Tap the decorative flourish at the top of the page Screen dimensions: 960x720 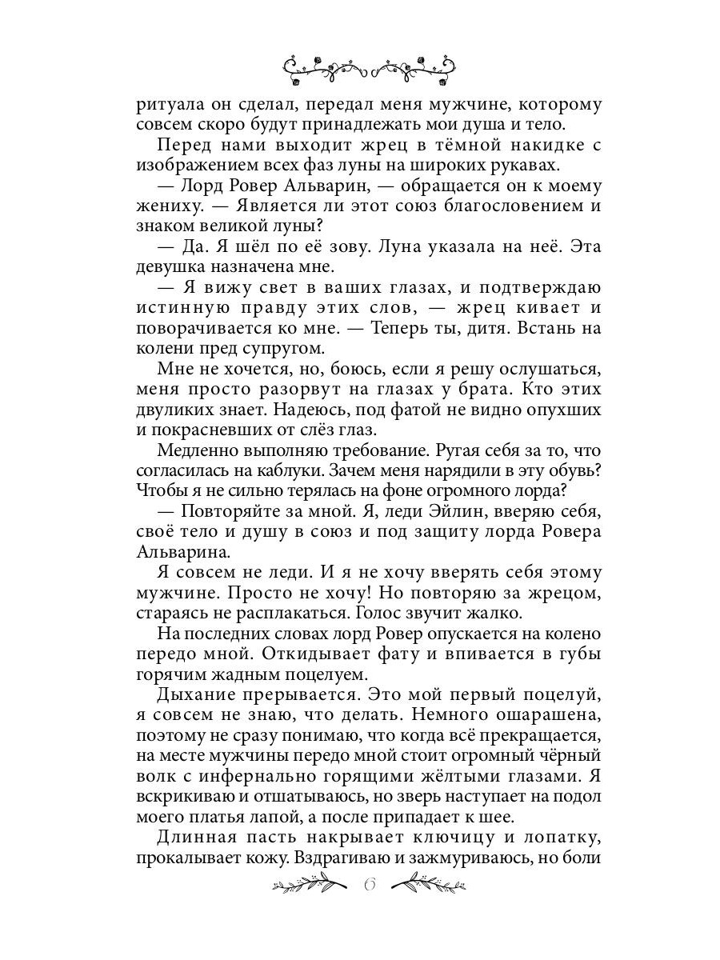tap(369, 67)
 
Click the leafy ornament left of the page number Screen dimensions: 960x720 tap(311, 885)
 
